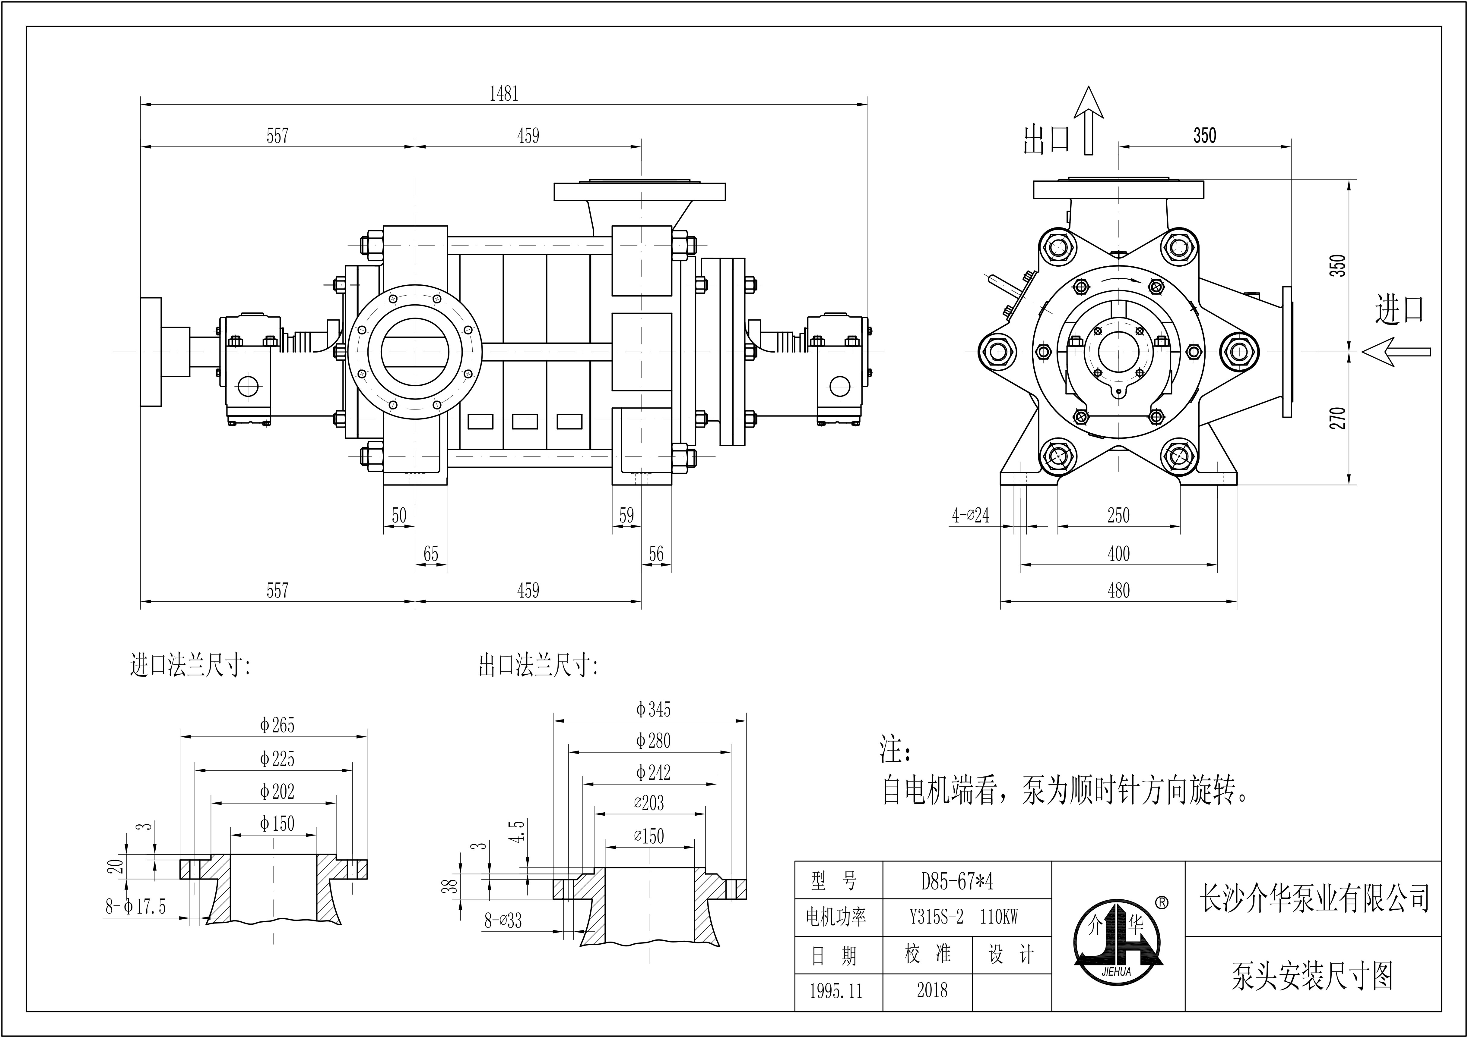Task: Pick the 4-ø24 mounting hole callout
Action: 970,515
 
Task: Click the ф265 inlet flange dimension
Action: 277,726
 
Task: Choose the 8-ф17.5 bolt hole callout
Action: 136,906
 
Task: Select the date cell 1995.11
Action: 836,991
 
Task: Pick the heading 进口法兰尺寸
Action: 190,666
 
